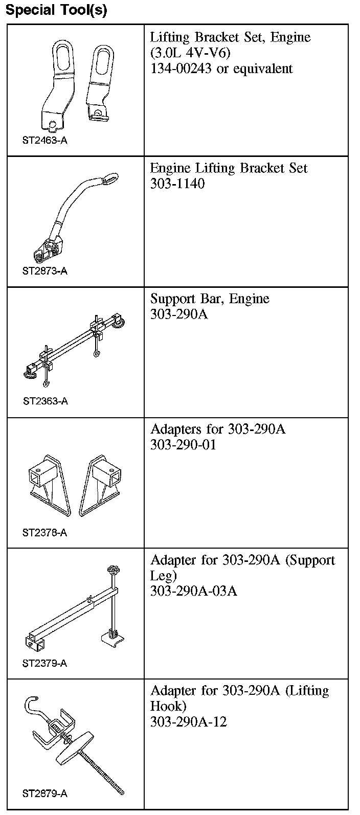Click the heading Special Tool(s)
tap(56, 10)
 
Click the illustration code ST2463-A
tap(44, 140)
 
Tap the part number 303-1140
tap(177, 184)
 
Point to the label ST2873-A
tap(44, 271)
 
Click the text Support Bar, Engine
tap(210, 299)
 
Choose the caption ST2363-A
tap(45, 401)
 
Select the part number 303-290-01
tap(183, 445)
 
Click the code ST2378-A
tap(44, 533)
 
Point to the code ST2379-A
tap(44, 664)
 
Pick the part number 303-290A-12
tap(188, 722)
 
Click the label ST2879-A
tap(44, 794)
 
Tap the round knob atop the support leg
tap(112, 571)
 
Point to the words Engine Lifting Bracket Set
tap(229, 168)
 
